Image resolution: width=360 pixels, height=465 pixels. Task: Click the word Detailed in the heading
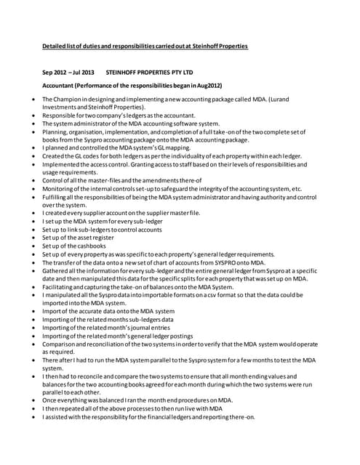(55, 46)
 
